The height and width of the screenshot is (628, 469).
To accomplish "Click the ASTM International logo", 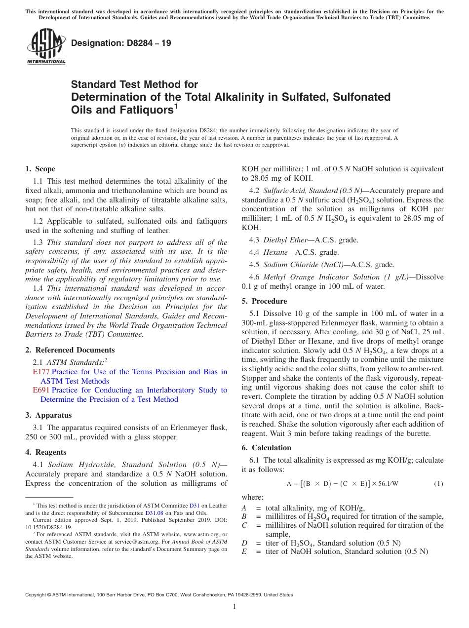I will click(x=46, y=47).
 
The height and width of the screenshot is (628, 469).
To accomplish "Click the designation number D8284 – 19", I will click(x=121, y=43).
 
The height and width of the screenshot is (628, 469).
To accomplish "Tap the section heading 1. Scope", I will click(x=40, y=169).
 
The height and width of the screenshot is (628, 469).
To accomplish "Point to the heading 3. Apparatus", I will click(x=48, y=415).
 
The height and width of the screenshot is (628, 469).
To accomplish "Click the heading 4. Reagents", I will click(x=46, y=452).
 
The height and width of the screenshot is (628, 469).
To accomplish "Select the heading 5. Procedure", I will click(x=264, y=301).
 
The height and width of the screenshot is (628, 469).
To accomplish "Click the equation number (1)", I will click(x=438, y=484).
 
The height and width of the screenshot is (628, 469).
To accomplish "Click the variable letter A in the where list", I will click(x=244, y=508).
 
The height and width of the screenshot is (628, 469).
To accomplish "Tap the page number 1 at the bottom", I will click(x=234, y=606).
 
